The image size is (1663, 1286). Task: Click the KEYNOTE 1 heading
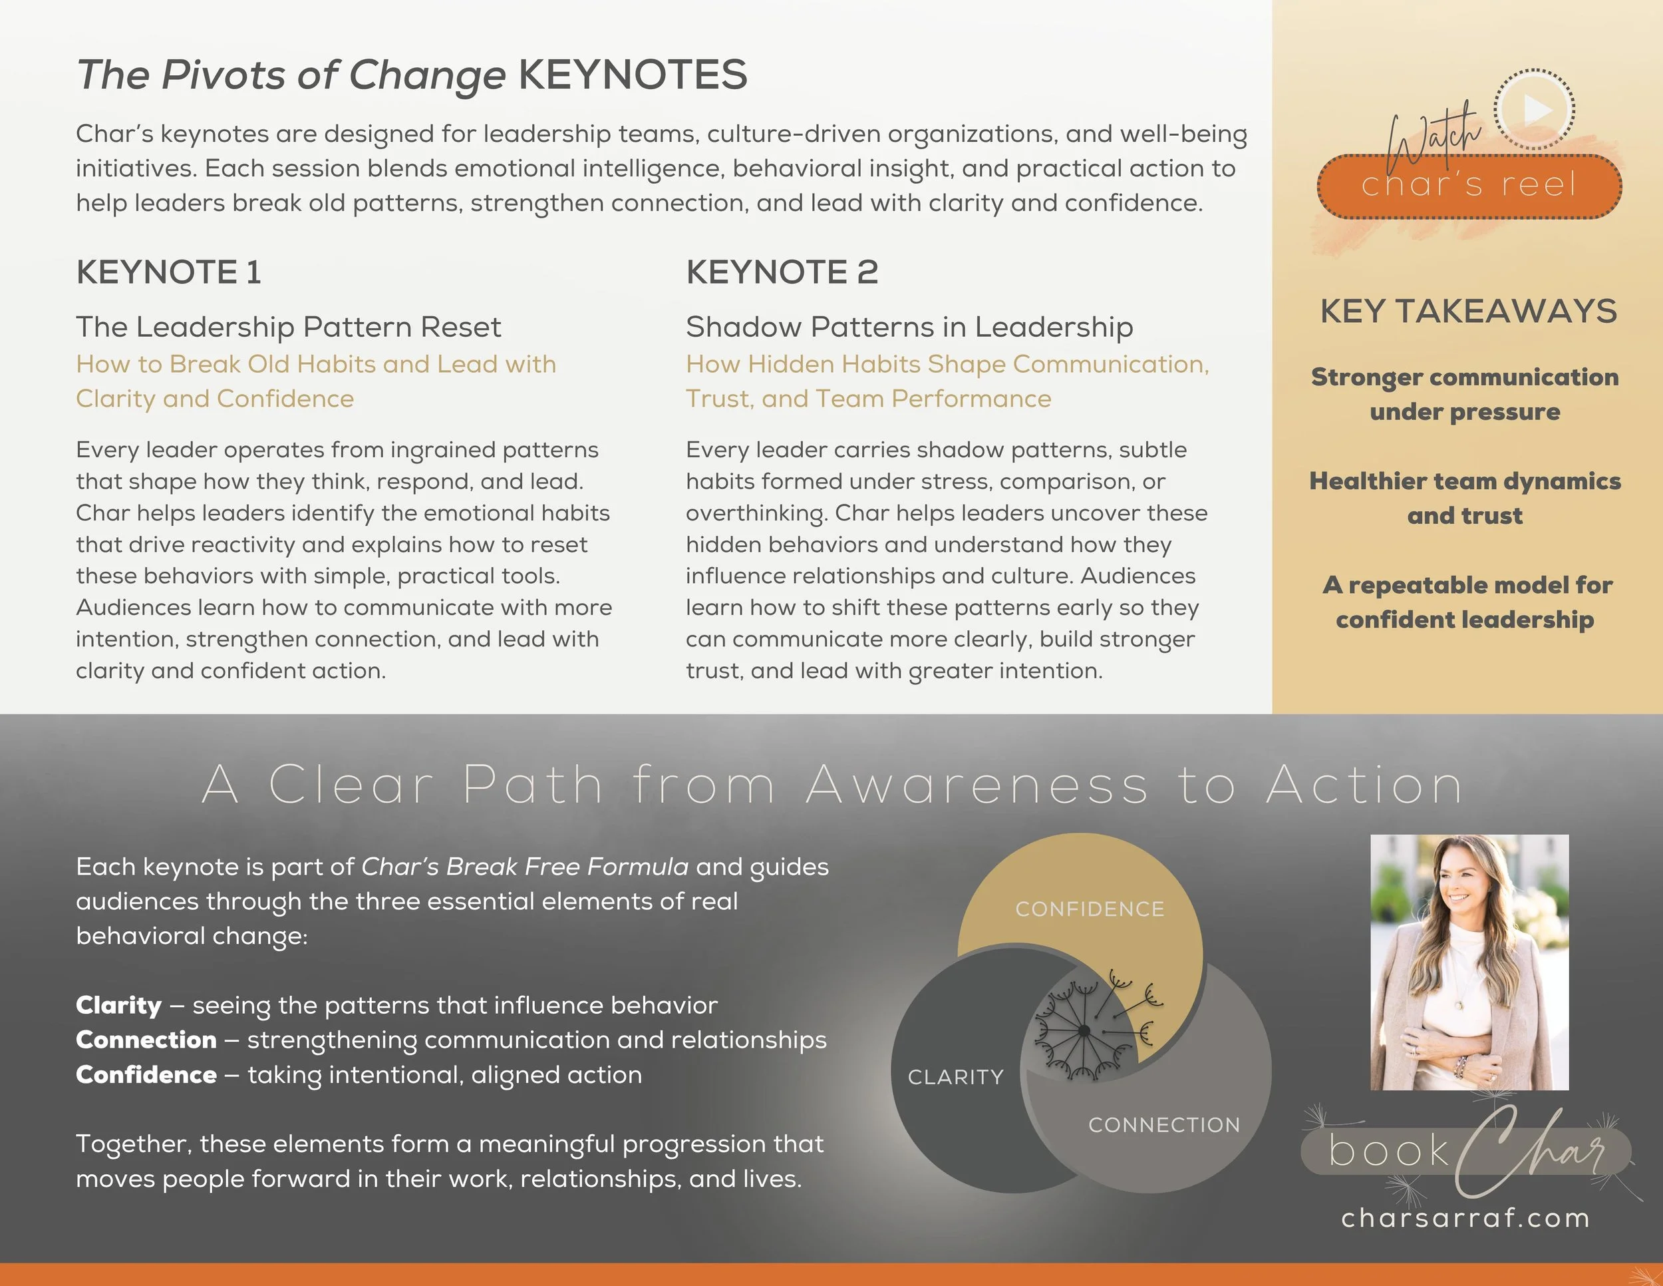(x=168, y=272)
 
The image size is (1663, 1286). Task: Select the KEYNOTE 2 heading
(x=782, y=272)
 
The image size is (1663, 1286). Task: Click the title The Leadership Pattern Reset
(x=288, y=327)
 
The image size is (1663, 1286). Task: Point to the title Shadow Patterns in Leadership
(x=909, y=327)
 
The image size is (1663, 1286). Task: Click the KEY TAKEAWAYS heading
(x=1468, y=311)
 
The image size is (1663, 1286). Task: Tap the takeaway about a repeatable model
(x=1466, y=602)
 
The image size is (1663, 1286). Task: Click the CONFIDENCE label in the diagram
(x=1090, y=909)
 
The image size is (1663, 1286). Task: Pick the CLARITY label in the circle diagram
(x=956, y=1076)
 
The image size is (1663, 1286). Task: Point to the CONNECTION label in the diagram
(x=1163, y=1124)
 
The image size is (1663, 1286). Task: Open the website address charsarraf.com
(x=1465, y=1218)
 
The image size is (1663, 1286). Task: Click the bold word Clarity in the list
(x=119, y=1005)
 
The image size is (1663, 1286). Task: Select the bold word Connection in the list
(x=146, y=1040)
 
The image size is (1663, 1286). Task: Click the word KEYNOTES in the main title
(x=632, y=75)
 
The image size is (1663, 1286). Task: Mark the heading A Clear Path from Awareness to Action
(x=831, y=785)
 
